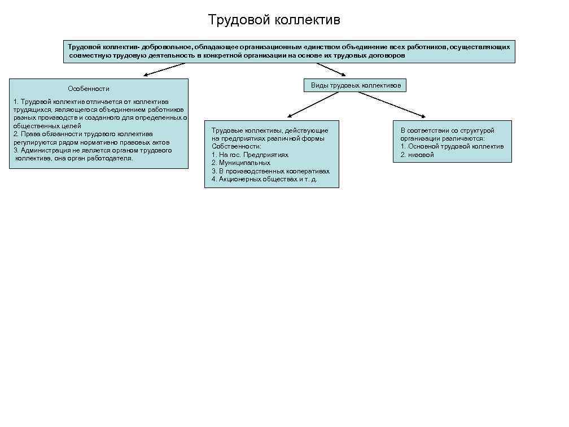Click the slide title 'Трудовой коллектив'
[x=274, y=20]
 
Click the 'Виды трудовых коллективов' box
[x=355, y=85]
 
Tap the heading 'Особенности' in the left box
[x=89, y=89]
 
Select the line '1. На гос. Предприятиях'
[x=250, y=154]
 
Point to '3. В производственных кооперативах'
[x=270, y=171]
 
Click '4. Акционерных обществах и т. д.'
[x=264, y=179]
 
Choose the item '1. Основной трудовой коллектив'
[x=452, y=146]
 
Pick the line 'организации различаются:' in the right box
[x=443, y=138]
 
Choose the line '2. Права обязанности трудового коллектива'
[x=83, y=134]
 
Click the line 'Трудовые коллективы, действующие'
[x=270, y=130]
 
